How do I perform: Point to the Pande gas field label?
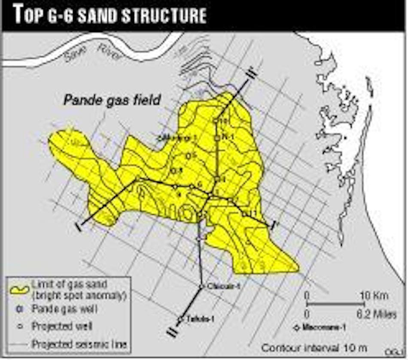click(x=112, y=100)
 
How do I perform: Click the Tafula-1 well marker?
click(x=181, y=319)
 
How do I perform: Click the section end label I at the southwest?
click(x=79, y=226)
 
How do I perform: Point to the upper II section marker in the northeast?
click(x=253, y=73)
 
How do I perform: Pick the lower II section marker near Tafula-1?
click(x=172, y=332)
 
